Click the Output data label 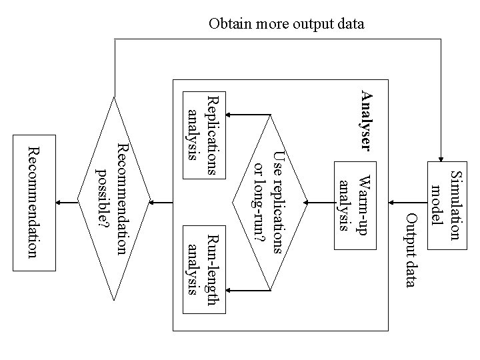(411, 250)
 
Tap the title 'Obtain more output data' (287, 25)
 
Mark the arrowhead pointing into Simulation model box (441, 156)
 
